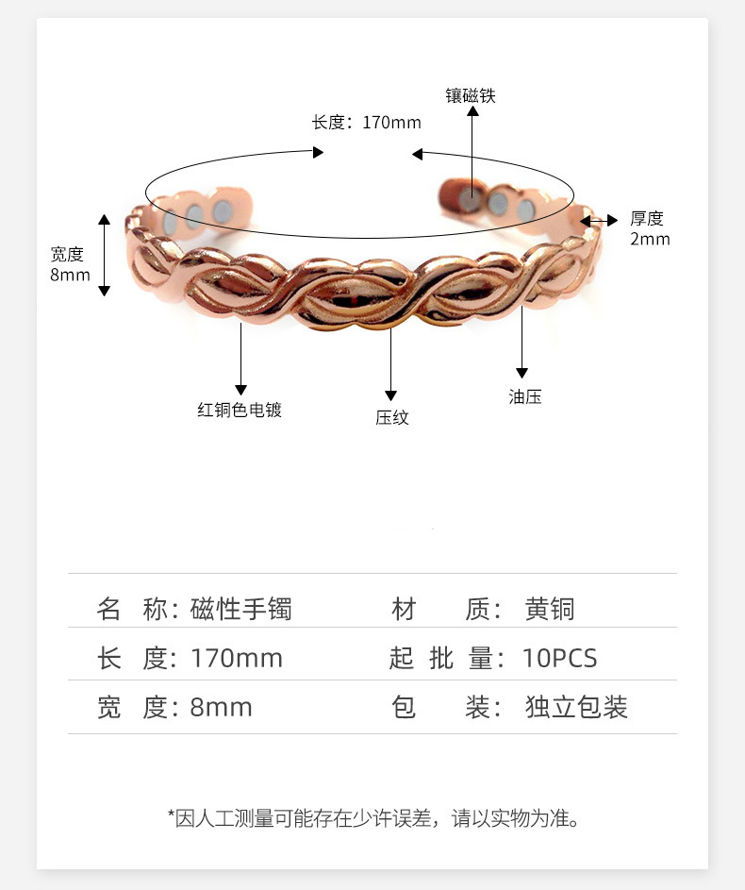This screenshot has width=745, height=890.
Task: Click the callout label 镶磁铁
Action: coord(470,95)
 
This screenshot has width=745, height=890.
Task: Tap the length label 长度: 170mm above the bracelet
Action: coord(366,122)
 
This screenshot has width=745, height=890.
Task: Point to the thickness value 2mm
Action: coord(650,239)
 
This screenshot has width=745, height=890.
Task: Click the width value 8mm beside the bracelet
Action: coord(70,275)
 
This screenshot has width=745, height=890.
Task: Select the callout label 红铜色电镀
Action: coord(240,410)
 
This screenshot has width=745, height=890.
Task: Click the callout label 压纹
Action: coord(391,417)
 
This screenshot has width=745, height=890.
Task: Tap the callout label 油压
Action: coord(525,396)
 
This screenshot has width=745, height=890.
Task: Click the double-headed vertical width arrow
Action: coord(104,255)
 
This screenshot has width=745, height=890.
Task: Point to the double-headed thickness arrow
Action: coord(598,220)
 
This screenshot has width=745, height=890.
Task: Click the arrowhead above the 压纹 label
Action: coord(390,395)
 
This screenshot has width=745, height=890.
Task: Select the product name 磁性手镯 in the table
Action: coord(241,609)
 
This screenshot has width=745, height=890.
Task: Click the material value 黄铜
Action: coord(550,609)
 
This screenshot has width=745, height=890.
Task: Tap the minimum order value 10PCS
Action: coord(559,659)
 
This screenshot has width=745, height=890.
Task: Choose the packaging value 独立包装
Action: coord(576,707)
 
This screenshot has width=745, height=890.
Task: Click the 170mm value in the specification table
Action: coord(237,659)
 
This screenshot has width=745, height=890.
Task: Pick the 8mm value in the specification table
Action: coord(221,708)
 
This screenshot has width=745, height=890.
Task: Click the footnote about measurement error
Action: coord(373,818)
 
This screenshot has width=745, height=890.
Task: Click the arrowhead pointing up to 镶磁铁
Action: coord(472,110)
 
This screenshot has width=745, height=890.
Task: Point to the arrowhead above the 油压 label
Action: coord(521,373)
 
